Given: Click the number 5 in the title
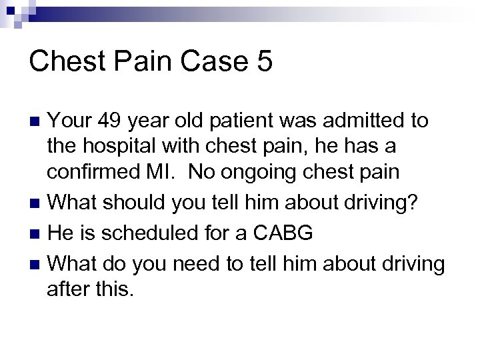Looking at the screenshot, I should pos(263,62).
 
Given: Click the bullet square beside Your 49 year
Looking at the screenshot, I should pos(37,122).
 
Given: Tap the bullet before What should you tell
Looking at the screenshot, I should pos(37,203).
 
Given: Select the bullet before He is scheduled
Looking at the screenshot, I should pos(37,234).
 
